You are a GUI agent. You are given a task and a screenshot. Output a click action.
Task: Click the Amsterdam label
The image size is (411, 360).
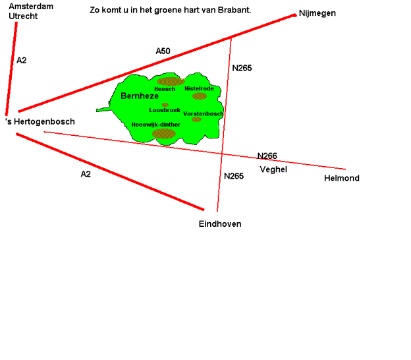pyautogui.click(x=31, y=7)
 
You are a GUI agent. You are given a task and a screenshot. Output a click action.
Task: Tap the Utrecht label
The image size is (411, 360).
pyautogui.click(x=23, y=16)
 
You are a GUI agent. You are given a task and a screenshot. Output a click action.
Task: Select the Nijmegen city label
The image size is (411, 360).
pyautogui.click(x=317, y=13)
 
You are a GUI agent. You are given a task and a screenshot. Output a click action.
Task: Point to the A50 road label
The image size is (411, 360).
pyautogui.click(x=163, y=51)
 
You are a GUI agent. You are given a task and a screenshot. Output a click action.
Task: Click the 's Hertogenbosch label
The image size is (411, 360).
pyautogui.click(x=40, y=122)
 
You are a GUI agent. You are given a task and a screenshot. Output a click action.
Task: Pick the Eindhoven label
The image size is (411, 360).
pyautogui.click(x=220, y=224)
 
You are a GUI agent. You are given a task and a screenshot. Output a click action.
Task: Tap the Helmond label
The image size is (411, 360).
pyautogui.click(x=342, y=178)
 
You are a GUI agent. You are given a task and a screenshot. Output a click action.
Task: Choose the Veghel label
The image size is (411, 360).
pyautogui.click(x=273, y=169)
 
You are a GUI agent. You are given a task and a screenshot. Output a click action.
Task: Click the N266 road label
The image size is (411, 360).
pyautogui.click(x=267, y=156)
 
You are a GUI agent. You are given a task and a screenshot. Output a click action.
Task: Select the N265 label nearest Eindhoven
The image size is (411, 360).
pyautogui.click(x=234, y=176)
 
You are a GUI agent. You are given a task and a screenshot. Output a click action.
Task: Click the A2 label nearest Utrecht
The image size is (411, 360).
pyautogui.click(x=21, y=61)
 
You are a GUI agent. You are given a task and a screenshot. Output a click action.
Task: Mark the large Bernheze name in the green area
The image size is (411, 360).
pyautogui.click(x=140, y=96)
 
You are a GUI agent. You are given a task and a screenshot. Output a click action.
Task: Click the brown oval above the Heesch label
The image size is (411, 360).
pyautogui.click(x=171, y=82)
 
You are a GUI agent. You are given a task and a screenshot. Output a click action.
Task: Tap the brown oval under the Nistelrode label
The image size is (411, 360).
pyautogui.click(x=200, y=96)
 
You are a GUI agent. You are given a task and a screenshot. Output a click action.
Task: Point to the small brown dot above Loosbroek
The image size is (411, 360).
pyautogui.click(x=165, y=105)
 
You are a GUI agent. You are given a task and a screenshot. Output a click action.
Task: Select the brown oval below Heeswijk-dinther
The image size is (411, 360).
pyautogui.click(x=164, y=134)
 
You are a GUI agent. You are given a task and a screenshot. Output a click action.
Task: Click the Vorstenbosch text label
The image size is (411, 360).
pyautogui.click(x=204, y=114)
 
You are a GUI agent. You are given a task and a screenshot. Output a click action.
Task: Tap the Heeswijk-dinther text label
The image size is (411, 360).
pyautogui.click(x=156, y=125)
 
